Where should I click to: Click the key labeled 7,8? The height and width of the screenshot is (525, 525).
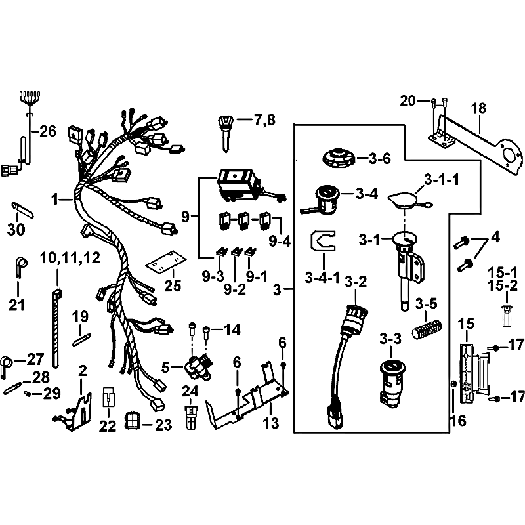[226, 133]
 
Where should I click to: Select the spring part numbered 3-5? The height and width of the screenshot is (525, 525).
[427, 329]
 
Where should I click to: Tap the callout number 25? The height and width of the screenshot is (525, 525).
[173, 285]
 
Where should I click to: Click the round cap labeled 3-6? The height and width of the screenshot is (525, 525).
[338, 159]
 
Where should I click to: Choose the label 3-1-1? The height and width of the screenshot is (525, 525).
[442, 180]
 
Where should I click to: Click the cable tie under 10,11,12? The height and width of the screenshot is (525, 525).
[56, 329]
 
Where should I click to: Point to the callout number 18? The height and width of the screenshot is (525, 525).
[478, 108]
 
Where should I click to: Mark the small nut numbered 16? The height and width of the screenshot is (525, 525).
[453, 384]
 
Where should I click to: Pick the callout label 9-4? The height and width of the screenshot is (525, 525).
[280, 241]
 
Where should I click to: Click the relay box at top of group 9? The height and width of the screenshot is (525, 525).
[239, 186]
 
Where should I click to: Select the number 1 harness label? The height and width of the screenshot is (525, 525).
[55, 200]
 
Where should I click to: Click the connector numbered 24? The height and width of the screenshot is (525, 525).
[191, 417]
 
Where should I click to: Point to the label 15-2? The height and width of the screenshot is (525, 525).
[503, 285]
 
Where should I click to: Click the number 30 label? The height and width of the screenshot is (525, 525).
[16, 230]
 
